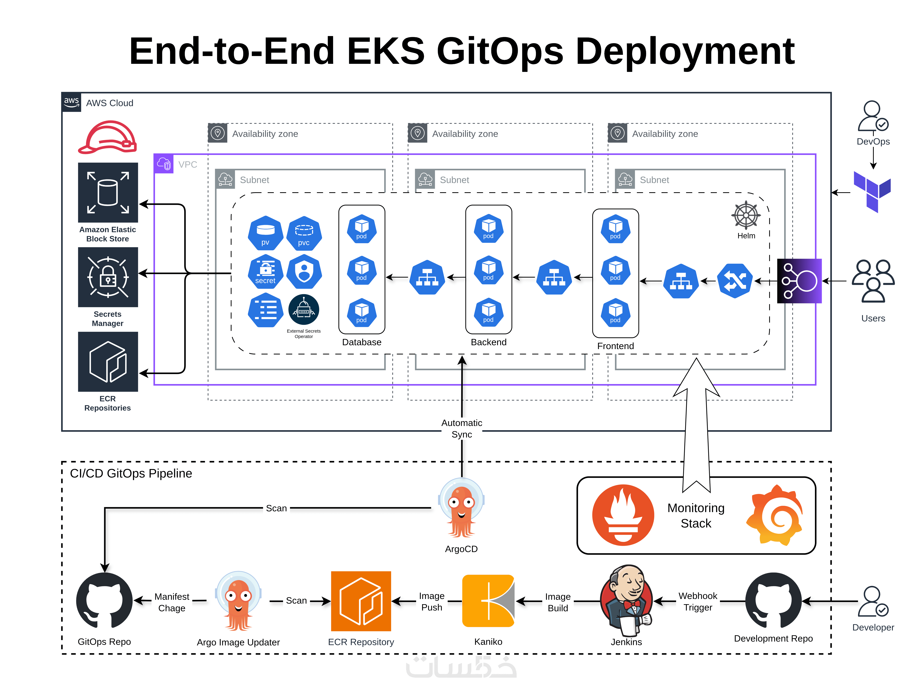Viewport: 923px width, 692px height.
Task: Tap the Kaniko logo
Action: tap(488, 601)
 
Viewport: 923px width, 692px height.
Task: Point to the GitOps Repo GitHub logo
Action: tap(104, 601)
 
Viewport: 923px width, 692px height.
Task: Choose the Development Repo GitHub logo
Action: tap(773, 601)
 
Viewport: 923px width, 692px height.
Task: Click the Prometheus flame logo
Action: tap(623, 515)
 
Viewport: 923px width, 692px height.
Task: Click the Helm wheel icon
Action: tap(746, 216)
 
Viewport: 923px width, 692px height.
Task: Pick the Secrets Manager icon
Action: tap(108, 277)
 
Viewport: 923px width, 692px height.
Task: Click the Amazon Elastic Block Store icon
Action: tap(108, 192)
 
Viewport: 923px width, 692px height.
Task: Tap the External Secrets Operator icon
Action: tap(304, 310)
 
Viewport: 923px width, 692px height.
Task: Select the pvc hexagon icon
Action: tap(304, 233)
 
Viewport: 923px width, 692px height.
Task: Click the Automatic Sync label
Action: tap(461, 428)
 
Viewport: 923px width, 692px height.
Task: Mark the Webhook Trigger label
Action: tap(698, 601)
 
